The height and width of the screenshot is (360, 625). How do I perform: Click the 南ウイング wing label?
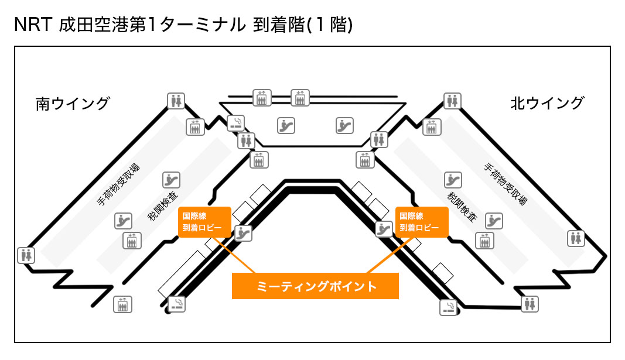[73, 104]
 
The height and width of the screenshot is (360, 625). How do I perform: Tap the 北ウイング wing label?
[547, 103]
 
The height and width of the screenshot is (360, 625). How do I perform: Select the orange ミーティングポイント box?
[315, 286]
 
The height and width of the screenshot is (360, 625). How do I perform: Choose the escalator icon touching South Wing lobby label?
[243, 232]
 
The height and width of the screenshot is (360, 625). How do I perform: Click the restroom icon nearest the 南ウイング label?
[176, 101]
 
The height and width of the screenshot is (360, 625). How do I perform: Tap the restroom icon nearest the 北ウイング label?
[450, 101]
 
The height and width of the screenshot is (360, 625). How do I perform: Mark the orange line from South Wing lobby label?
[234, 255]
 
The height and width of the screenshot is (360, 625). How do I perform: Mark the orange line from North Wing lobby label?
[387, 255]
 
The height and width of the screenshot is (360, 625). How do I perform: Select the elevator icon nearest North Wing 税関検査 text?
[483, 240]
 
